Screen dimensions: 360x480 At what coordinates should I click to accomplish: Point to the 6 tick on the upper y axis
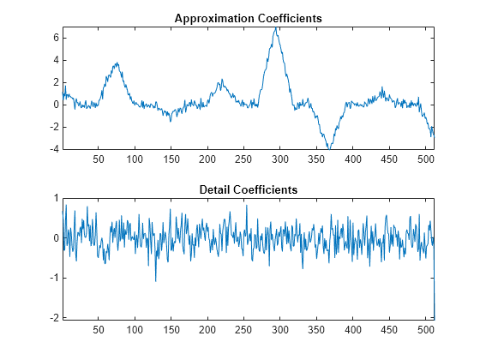pos(55,38)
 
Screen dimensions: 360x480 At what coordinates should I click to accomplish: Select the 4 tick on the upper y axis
pos(55,60)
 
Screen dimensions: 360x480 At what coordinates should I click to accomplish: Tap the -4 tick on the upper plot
pos(52,149)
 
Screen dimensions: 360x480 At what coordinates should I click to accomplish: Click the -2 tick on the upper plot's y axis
pos(52,127)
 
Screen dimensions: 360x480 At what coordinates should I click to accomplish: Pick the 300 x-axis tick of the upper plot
pos(254,159)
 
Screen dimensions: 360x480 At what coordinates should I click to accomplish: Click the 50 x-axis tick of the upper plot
pos(98,159)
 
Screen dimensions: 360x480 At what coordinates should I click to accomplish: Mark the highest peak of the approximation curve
pos(275,27)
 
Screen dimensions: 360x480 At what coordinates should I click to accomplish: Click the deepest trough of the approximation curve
pos(328,148)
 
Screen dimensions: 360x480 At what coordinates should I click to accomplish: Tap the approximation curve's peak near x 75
pos(117,63)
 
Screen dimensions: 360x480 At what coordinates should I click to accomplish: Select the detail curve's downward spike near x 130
pos(155,281)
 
